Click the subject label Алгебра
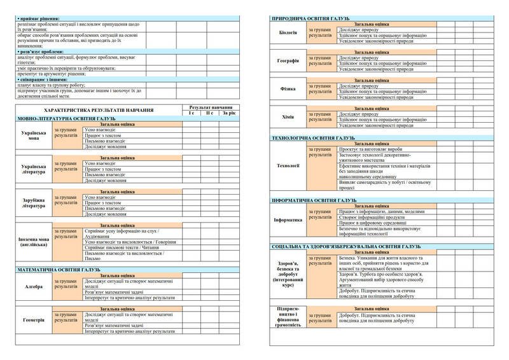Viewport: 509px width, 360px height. click(x=34, y=287)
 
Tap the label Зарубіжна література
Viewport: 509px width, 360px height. click(x=34, y=204)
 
